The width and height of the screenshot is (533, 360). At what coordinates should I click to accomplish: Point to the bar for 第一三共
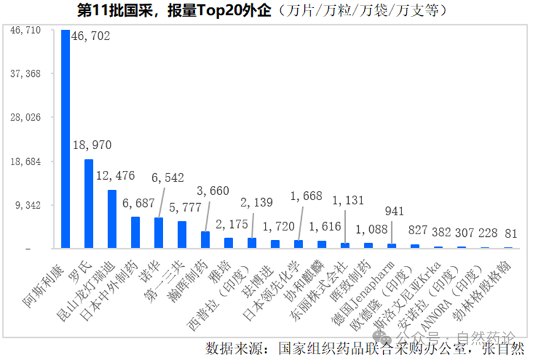click(182, 234)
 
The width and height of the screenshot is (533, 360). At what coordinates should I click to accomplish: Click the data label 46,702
click(91, 37)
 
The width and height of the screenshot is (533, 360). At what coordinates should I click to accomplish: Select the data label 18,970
click(92, 145)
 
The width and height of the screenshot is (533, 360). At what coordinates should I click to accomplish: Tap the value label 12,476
click(116, 175)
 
